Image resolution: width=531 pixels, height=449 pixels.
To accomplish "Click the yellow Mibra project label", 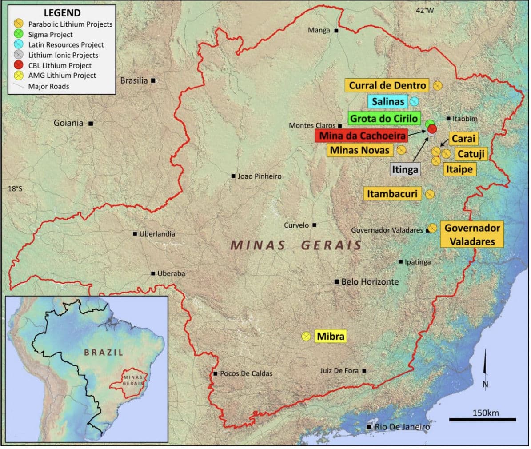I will (x=330, y=336).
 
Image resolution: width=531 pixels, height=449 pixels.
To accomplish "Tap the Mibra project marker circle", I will (x=306, y=337).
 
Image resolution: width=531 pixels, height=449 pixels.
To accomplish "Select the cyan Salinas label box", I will (x=388, y=101).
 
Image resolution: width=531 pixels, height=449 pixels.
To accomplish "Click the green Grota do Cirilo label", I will (x=384, y=118).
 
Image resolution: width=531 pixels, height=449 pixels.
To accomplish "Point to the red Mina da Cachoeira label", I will (x=360, y=135).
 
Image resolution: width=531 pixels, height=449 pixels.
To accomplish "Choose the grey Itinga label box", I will (x=405, y=169).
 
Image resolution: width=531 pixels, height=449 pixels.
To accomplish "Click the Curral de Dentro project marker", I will (x=437, y=85).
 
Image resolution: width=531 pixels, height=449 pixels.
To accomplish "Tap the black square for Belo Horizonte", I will (x=337, y=282).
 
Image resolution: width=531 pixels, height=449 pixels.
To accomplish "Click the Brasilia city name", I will (x=134, y=80).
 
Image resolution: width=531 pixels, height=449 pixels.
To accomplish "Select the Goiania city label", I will (x=68, y=123).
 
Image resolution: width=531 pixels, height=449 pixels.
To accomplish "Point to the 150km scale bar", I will (x=483, y=419).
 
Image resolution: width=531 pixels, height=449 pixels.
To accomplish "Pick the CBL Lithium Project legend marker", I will (x=19, y=65).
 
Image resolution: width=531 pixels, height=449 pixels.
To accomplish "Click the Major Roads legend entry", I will (x=48, y=86).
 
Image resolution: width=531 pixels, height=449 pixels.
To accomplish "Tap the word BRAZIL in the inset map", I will (x=104, y=352).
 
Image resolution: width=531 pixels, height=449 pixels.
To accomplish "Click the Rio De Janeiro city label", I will (x=402, y=427).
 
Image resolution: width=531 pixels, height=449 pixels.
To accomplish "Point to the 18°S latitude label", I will (x=15, y=189).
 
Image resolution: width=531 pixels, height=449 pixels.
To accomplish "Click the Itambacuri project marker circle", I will (x=430, y=194).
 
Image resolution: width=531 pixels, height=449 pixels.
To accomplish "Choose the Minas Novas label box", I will (x=359, y=150).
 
